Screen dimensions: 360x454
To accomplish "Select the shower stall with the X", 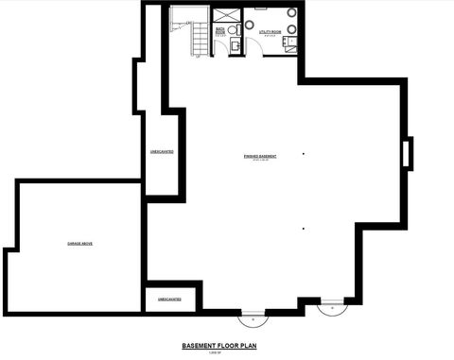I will pos(225,14).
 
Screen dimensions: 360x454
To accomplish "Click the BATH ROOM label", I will pos(219,31).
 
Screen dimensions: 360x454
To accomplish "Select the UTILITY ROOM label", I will pos(271,33).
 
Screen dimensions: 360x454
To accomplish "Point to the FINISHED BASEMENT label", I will pos(259,155).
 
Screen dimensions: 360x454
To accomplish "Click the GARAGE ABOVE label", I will pos(79,243).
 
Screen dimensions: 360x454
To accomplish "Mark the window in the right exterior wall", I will pos(408,153).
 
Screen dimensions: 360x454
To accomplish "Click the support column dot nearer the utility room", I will pos(304,154).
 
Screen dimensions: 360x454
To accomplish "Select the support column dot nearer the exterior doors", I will pos(304,228).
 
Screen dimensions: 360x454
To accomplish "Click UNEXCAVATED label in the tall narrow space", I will pos(161,151).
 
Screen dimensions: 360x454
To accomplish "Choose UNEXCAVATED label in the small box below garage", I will pos(170,299).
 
